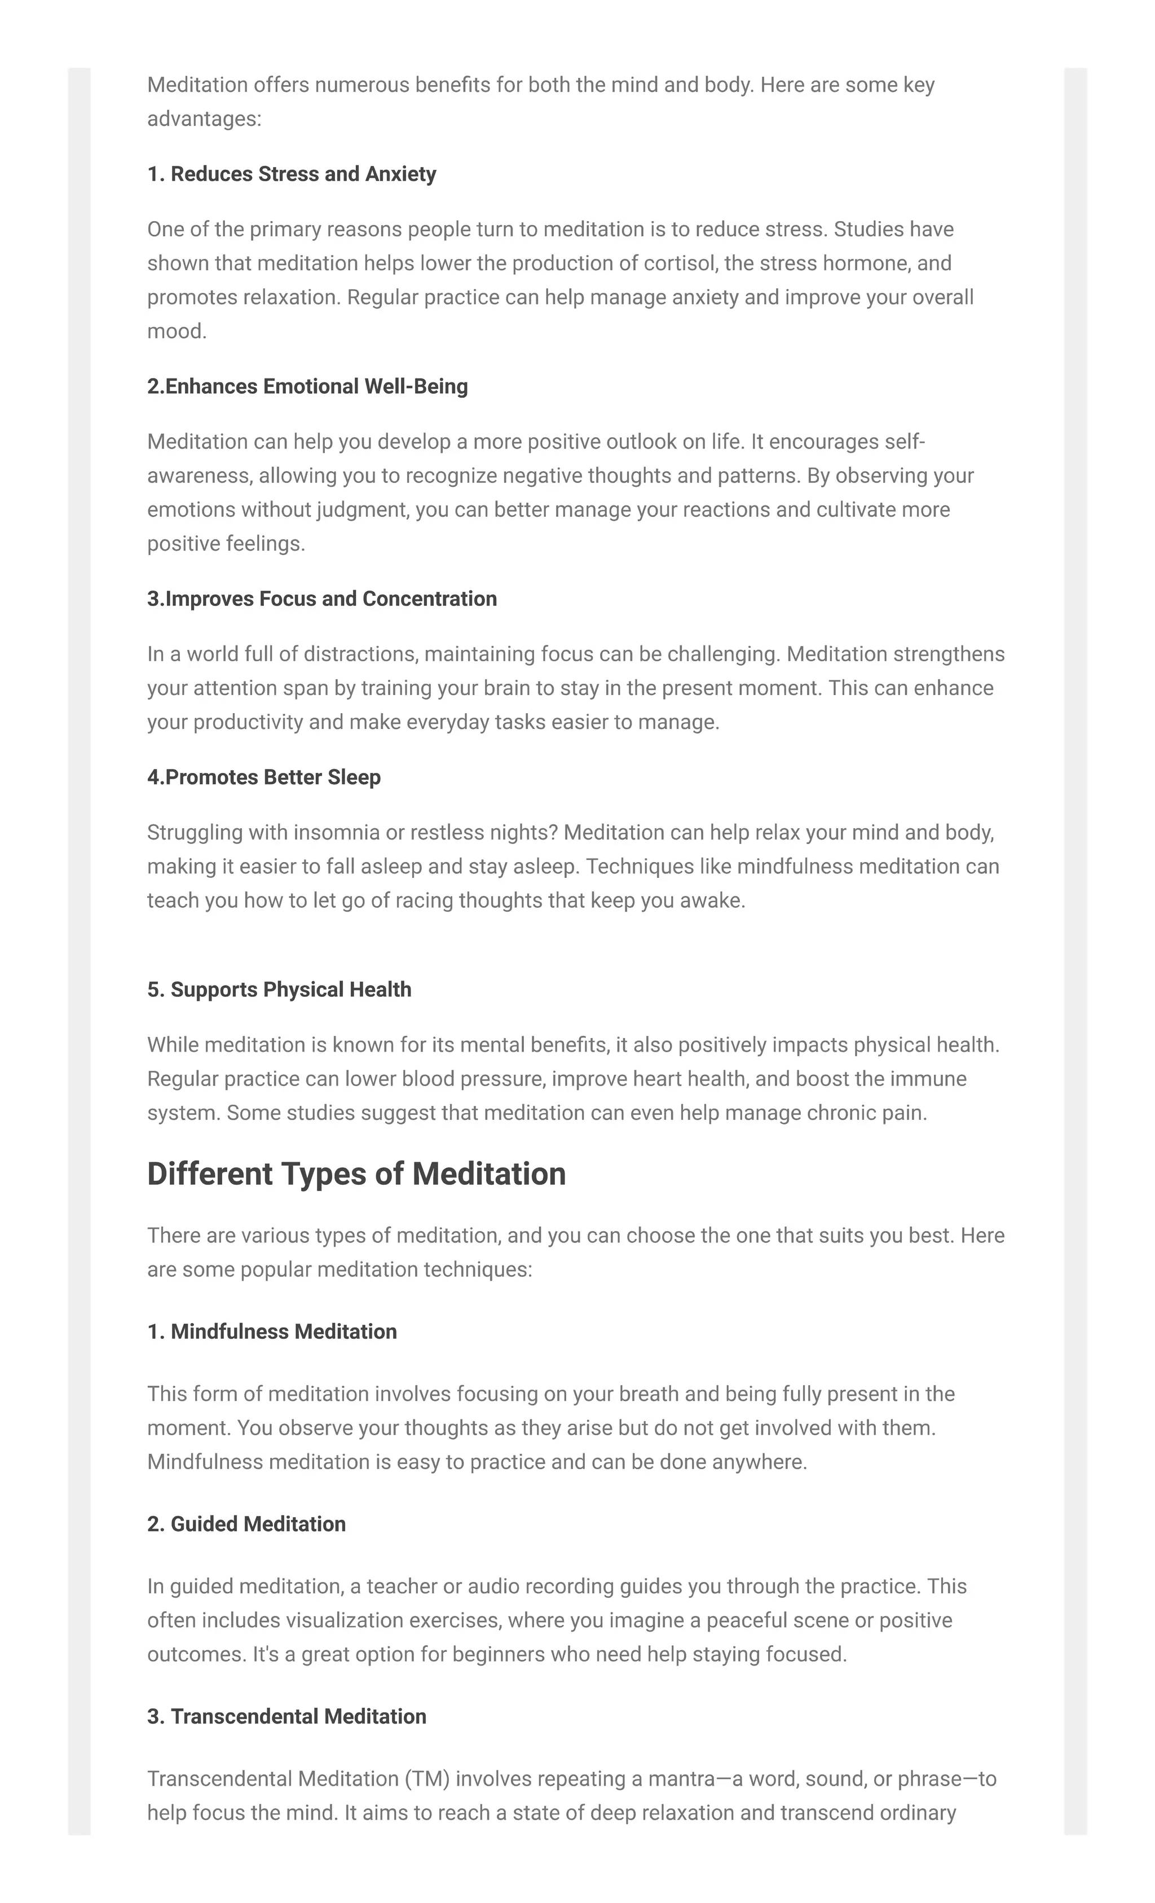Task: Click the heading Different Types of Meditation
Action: (356, 1174)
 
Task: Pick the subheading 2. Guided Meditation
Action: (246, 1524)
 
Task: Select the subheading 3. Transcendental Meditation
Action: (286, 1716)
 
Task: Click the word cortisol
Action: (681, 264)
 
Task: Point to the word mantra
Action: (681, 1779)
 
